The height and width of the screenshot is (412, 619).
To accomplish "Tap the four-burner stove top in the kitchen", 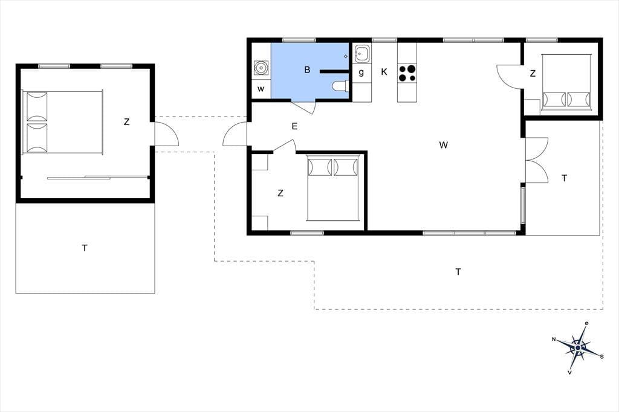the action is (407, 72).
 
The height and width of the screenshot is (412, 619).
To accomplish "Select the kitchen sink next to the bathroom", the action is (361, 54).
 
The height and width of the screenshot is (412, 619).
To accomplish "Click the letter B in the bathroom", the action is (307, 70).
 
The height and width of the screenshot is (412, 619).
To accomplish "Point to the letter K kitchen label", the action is (384, 72).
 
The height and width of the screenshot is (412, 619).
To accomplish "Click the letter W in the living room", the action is (443, 145).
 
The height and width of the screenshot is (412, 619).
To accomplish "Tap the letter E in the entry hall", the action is (294, 126).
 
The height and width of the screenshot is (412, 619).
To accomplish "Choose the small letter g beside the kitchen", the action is (361, 72).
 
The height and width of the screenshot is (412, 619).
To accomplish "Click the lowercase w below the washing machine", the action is (261, 89).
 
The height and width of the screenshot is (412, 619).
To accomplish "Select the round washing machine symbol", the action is (261, 68).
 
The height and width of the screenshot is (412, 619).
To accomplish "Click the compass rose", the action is (577, 348).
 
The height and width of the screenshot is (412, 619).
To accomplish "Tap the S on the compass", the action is (601, 357).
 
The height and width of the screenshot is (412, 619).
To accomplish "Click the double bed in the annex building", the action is (63, 123).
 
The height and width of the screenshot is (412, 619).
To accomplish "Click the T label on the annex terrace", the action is (85, 248).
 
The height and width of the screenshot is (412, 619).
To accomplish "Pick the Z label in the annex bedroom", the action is (126, 122).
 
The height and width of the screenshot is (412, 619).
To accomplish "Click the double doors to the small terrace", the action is (537, 160).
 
